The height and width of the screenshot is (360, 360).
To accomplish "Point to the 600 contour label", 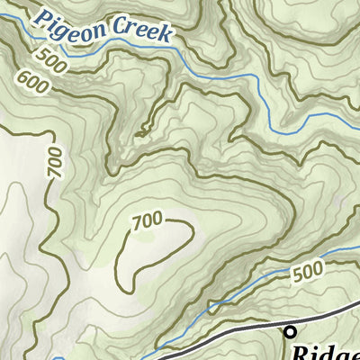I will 32,83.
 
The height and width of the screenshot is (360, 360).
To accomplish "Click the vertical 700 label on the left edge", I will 56,162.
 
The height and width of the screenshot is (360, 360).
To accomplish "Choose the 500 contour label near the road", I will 308,270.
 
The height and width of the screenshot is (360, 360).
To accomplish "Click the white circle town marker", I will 290,332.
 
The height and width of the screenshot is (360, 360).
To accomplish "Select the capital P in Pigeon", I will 47,15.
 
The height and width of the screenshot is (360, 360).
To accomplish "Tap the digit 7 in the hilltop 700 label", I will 137,222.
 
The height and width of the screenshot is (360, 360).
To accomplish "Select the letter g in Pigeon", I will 74,24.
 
